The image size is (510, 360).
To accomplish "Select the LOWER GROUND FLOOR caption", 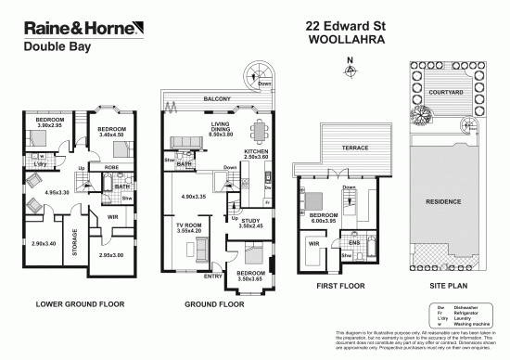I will (x=74, y=303).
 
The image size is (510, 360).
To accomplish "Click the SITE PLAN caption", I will (x=444, y=302).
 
